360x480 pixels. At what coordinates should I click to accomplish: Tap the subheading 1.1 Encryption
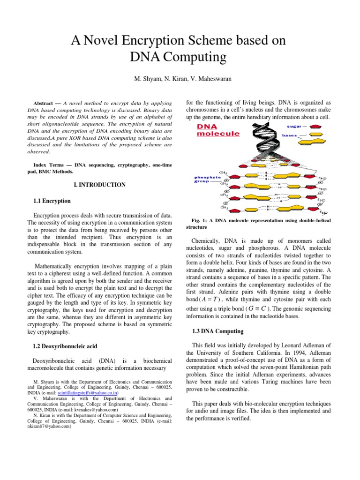52,201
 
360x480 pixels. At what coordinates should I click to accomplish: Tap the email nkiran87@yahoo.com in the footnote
49,427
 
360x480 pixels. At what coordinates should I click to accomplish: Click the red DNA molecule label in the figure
217,130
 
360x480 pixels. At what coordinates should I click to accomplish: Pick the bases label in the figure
289,136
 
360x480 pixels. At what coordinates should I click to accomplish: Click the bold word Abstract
46,103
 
